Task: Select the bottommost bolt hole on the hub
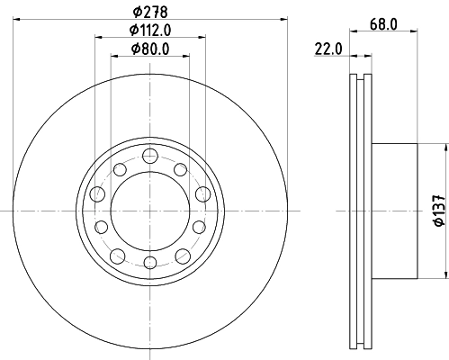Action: click(x=149, y=262)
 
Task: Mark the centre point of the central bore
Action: click(x=149, y=211)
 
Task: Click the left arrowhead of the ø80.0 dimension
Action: click(x=112, y=57)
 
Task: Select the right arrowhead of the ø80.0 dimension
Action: click(x=186, y=57)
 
